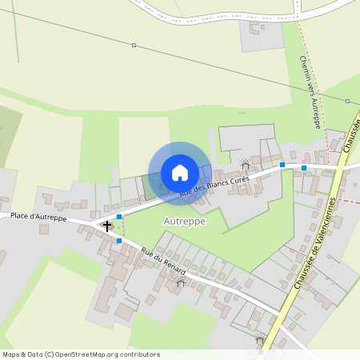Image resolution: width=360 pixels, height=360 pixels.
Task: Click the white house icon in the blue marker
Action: pos(180,172)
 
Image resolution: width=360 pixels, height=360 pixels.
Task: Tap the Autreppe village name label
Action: pos(184,220)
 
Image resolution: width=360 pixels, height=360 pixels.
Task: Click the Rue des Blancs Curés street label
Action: pos(215,186)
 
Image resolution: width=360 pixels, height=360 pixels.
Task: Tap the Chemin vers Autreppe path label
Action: pos(310,92)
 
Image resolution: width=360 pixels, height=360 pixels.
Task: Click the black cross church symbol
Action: pos(107,226)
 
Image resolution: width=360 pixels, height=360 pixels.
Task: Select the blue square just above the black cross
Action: pos(119,217)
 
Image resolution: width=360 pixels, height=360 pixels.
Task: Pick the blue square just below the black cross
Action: pos(119,240)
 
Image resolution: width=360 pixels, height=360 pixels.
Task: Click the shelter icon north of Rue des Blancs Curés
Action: pos(246,166)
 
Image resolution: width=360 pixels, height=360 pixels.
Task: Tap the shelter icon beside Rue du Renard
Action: pos(180,283)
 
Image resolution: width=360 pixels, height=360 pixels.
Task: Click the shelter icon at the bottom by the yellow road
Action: pos(259,341)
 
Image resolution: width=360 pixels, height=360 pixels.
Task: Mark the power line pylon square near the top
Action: pos(134,46)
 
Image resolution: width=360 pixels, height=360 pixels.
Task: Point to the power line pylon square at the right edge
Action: pos(347,101)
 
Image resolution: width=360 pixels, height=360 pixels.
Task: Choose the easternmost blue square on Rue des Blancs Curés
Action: pos(305,167)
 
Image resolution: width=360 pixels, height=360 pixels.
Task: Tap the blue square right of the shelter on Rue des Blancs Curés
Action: pos(282,164)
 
